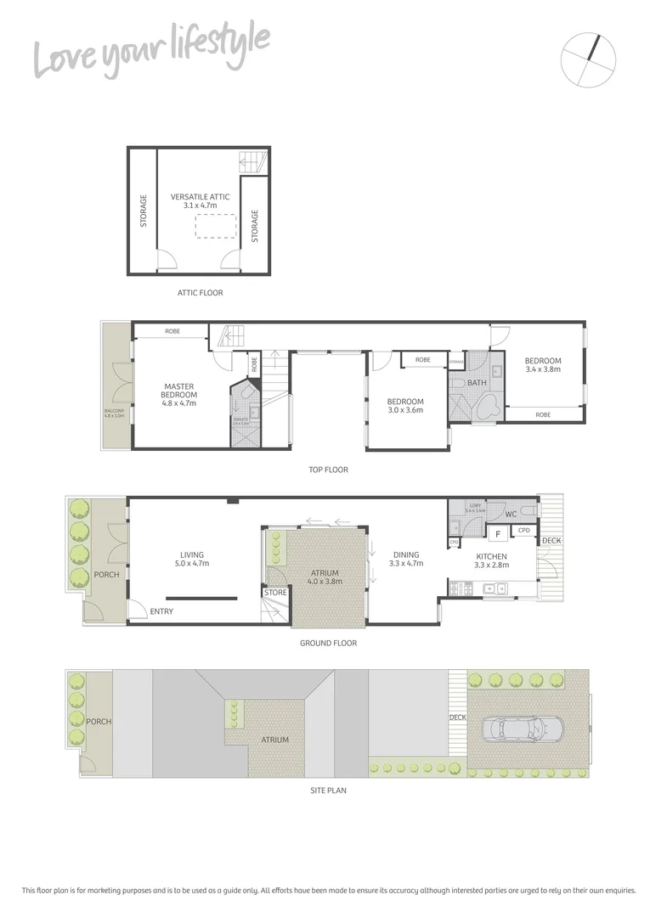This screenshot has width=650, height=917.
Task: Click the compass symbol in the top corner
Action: point(588,59)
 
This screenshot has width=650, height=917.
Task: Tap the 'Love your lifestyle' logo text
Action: point(152,50)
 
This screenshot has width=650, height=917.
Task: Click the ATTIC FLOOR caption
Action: point(200,293)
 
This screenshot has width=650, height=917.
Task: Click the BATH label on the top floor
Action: point(477,383)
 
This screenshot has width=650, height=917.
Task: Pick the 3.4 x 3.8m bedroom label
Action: point(543,365)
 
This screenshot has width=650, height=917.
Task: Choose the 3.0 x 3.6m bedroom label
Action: point(405,406)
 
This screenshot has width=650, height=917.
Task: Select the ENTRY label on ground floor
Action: point(161,611)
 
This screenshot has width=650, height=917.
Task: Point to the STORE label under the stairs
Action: point(276,592)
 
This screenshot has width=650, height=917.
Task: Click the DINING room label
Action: point(405,560)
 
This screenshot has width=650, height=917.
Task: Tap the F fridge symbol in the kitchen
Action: point(497,533)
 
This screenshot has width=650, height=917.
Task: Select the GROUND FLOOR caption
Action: point(328,643)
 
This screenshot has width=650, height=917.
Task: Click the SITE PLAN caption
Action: point(327,790)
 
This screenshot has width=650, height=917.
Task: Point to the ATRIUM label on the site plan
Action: point(275,740)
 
